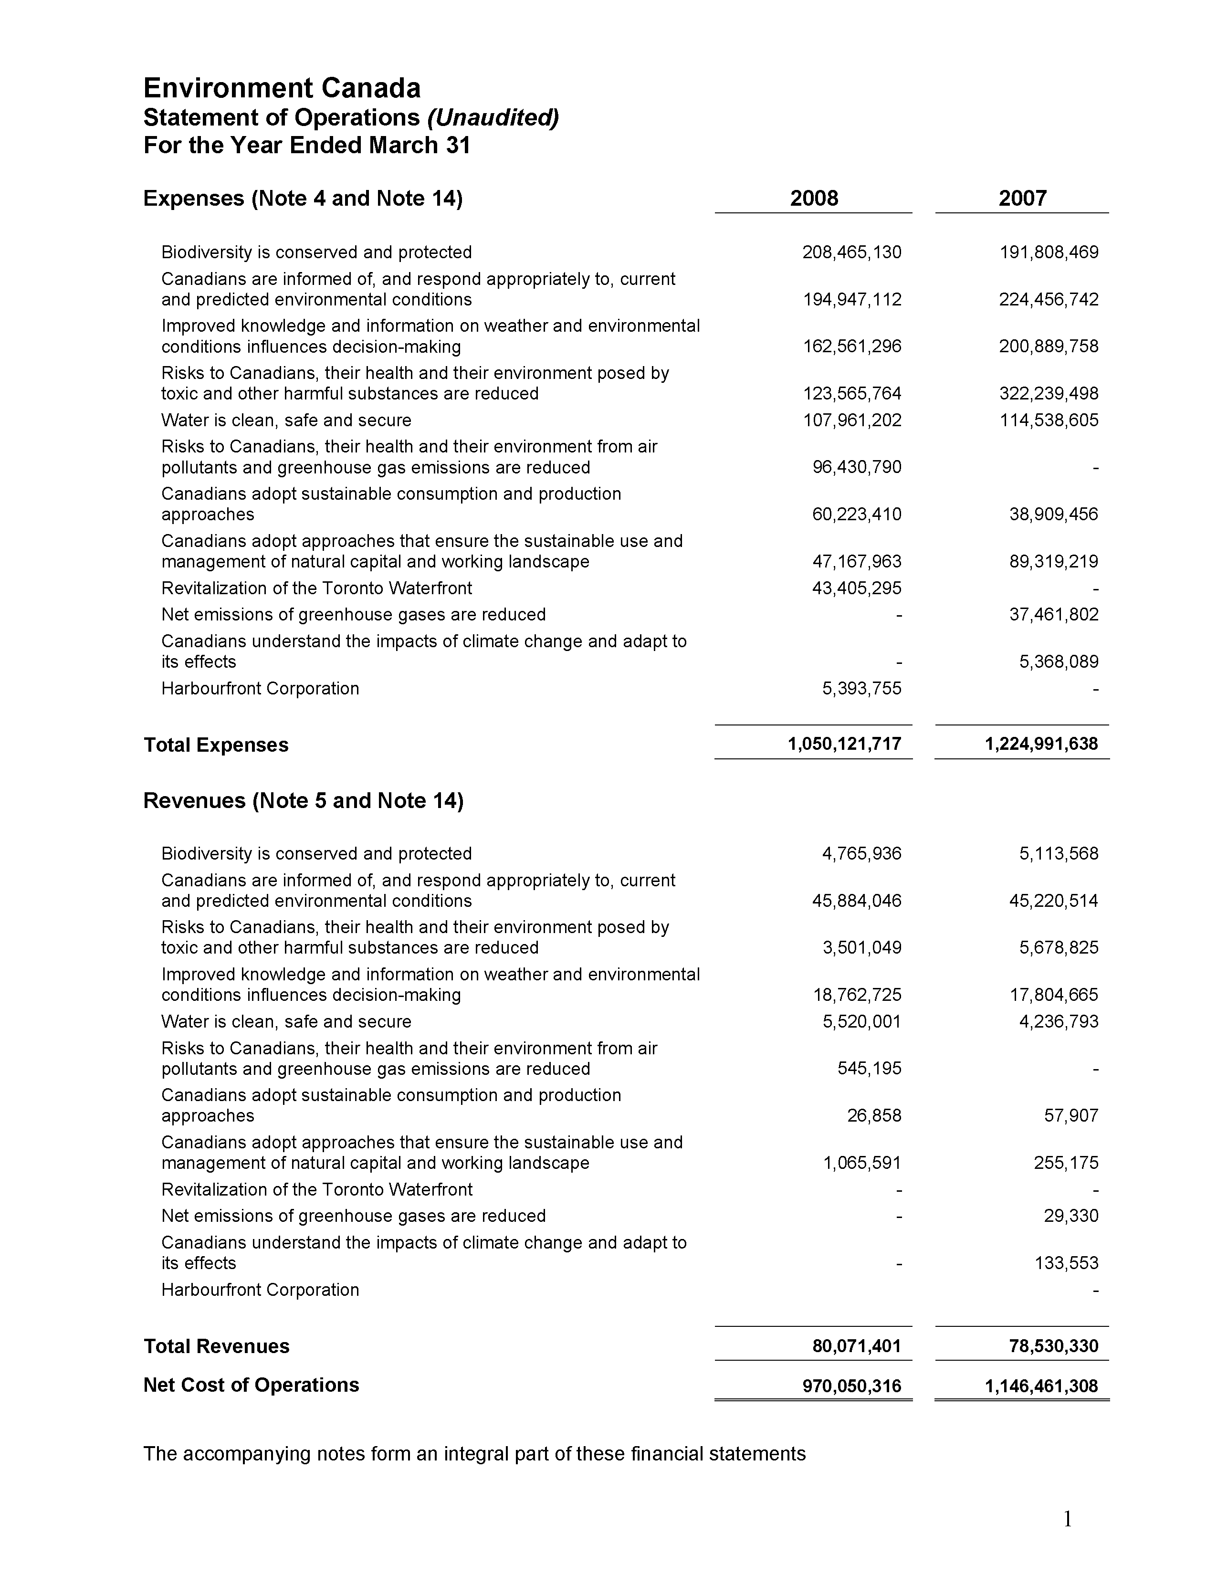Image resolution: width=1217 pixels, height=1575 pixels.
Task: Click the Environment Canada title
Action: (282, 88)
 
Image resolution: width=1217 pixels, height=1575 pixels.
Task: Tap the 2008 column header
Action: (814, 199)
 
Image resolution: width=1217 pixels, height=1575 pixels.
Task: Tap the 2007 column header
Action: (1022, 199)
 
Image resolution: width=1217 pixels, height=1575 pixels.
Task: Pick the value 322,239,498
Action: (1049, 394)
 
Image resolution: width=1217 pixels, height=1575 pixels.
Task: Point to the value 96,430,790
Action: (857, 467)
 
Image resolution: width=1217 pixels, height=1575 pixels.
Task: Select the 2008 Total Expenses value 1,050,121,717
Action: (844, 744)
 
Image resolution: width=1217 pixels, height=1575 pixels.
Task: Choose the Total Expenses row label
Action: (216, 745)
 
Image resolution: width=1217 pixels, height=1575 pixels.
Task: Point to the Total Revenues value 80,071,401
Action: (856, 1346)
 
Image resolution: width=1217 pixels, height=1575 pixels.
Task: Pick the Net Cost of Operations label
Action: (251, 1386)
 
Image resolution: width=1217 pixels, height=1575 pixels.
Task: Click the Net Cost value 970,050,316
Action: (851, 1386)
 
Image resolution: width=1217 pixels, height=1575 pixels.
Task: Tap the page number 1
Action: (1068, 1520)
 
